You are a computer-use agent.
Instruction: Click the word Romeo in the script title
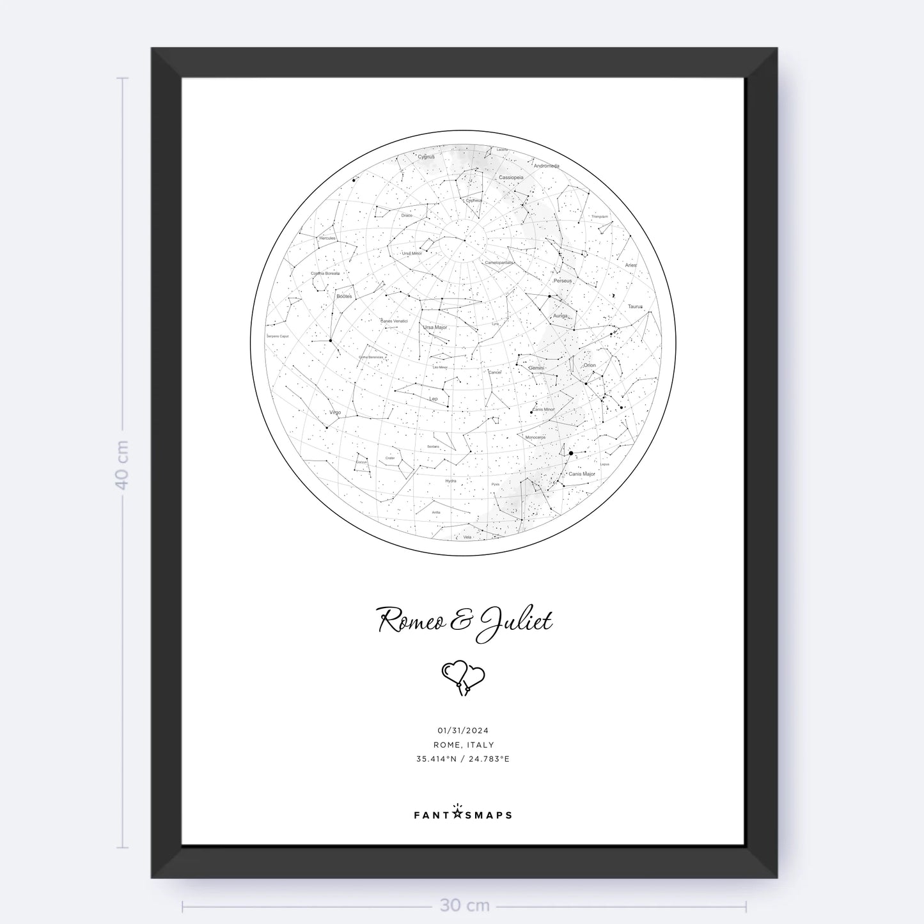point(414,621)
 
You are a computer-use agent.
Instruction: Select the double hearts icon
point(463,677)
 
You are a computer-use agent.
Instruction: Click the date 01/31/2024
point(463,730)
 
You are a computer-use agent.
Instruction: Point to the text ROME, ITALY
point(463,745)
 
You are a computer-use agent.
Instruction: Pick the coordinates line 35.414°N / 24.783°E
point(463,759)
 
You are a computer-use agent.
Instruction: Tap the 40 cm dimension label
point(122,464)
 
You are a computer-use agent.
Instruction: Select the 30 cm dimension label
point(464,905)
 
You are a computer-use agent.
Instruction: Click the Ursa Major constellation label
point(435,327)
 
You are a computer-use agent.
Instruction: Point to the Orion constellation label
point(590,366)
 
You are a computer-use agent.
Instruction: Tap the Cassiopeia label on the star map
point(511,177)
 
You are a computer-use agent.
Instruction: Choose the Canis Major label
point(582,474)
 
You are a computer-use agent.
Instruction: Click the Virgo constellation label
point(335,412)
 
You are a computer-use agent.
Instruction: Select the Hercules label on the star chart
point(327,239)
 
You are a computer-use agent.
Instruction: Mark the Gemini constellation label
point(536,368)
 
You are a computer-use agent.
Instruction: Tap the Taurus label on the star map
point(635,307)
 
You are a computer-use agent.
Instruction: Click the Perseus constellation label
point(563,281)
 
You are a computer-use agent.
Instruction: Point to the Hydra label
point(451,480)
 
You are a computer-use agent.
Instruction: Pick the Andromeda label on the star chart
point(547,166)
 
